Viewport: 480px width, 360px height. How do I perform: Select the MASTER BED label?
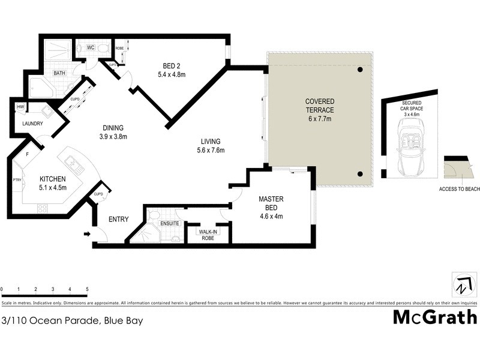[x=271, y=203]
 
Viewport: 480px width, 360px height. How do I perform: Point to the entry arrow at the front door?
[x=88, y=234]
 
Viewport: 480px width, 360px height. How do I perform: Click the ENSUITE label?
[x=169, y=224]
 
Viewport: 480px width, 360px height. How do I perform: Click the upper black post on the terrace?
[x=360, y=70]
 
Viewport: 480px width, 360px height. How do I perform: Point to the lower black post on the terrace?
[x=360, y=174]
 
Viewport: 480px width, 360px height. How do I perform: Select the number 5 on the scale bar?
[x=88, y=289]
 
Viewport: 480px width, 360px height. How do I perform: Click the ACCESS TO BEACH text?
[x=460, y=189]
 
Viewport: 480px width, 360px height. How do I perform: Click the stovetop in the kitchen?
[x=43, y=208]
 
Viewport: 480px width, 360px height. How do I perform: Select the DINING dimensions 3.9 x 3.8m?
[x=113, y=136]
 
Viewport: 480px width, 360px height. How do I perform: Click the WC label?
[x=91, y=46]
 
